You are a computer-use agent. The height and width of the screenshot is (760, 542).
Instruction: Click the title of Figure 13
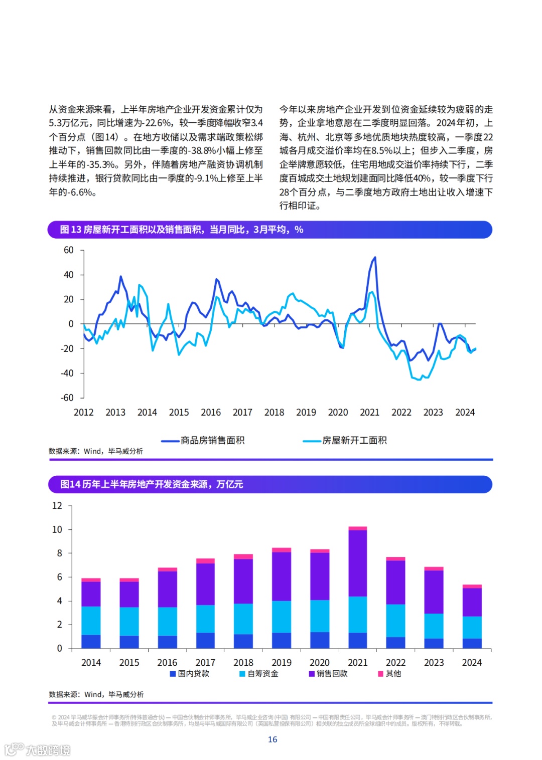[x=181, y=230]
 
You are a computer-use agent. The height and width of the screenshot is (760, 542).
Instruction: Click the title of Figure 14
[x=152, y=484]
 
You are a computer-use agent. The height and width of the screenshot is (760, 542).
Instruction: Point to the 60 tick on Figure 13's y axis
[x=69, y=250]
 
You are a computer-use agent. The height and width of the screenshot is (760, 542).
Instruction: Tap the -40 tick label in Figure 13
[x=67, y=373]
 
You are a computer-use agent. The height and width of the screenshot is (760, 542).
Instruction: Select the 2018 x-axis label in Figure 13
[x=274, y=413]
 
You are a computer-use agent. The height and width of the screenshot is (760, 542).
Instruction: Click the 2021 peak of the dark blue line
[x=374, y=258]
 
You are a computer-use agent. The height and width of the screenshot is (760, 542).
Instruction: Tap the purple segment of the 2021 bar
[x=357, y=562]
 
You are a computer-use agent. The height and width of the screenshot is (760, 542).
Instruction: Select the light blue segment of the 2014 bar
[x=91, y=620]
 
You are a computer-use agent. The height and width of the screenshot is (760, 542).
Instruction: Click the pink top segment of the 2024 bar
[x=472, y=586]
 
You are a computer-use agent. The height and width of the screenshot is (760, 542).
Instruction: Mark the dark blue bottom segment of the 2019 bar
[x=282, y=640]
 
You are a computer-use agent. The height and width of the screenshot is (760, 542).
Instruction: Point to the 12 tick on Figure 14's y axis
[x=57, y=506]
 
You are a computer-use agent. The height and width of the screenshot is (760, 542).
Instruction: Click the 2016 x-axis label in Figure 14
[x=167, y=663]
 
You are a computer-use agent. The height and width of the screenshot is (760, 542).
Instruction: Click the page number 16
[x=273, y=739]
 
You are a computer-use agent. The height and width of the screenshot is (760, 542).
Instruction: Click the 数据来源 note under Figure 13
[x=96, y=451]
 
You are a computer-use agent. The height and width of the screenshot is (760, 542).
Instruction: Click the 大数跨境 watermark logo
[x=38, y=750]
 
